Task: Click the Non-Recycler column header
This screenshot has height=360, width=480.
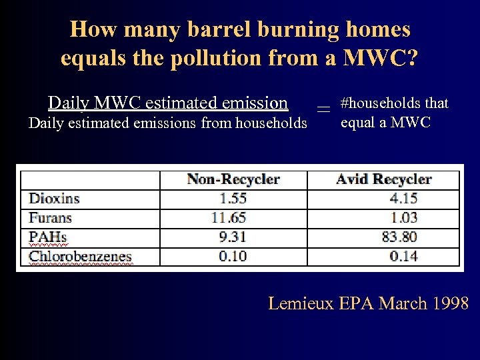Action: click(233, 179)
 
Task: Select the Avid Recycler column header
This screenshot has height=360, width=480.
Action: click(383, 179)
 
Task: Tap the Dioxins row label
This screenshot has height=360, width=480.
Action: click(54, 199)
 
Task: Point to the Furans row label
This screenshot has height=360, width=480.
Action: click(50, 217)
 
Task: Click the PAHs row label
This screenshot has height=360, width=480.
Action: click(48, 237)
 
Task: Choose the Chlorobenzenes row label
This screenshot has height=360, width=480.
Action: click(80, 256)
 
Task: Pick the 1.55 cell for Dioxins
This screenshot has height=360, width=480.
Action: click(233, 199)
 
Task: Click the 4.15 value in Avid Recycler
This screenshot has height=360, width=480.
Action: click(404, 199)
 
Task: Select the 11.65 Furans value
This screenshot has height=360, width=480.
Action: click(229, 217)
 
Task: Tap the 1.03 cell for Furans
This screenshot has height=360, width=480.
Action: click(404, 217)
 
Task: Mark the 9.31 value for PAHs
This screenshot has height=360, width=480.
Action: click(233, 237)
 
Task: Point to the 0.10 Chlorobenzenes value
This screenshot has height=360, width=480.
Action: click(233, 256)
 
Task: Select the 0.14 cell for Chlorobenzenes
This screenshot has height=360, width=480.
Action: click(404, 256)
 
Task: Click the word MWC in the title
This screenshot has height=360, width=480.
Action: click(376, 58)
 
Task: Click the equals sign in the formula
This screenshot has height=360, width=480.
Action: click(323, 109)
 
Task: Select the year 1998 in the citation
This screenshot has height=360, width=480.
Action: click(451, 303)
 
